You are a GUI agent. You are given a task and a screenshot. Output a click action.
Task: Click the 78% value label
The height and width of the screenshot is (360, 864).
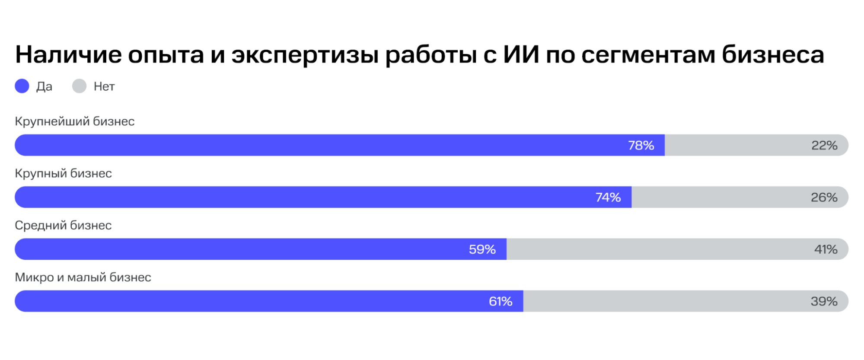(641, 146)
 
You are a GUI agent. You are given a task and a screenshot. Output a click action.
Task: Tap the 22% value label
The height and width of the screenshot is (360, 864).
(824, 146)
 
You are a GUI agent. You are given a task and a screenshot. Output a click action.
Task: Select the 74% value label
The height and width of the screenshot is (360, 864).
(608, 198)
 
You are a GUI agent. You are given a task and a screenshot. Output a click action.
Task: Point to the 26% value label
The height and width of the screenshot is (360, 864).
(824, 198)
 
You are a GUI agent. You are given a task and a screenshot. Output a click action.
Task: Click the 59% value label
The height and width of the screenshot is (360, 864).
(482, 249)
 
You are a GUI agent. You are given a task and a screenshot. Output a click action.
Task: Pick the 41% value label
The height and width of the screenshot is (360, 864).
(826, 249)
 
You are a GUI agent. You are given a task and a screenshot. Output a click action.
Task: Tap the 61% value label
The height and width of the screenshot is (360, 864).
(501, 301)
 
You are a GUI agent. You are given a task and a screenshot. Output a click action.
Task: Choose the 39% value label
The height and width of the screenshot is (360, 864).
(824, 301)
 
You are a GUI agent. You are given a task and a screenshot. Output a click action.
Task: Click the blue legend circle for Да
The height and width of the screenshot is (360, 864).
(22, 86)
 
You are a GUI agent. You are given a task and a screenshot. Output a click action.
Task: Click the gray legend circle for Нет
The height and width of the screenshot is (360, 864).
(79, 86)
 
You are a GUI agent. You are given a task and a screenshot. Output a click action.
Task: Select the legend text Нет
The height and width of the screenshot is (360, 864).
(104, 86)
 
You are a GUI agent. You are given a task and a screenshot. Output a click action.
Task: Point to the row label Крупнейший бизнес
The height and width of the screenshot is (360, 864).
(75, 121)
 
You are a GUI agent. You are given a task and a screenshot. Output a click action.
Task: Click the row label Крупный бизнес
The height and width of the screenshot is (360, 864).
(64, 173)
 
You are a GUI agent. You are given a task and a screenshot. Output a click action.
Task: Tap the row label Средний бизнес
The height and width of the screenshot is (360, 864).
(63, 225)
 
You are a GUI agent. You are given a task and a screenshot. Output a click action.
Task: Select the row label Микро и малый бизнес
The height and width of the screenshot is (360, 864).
(83, 277)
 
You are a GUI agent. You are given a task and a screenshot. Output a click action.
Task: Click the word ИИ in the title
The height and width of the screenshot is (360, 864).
(521, 55)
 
